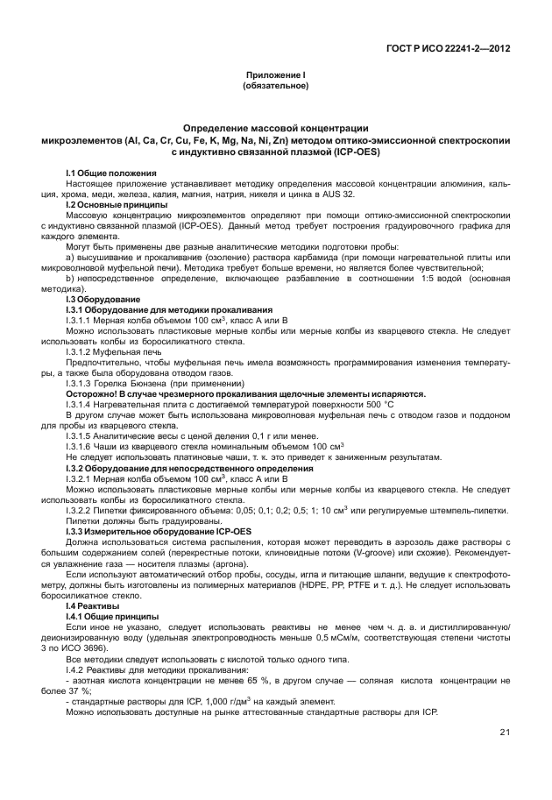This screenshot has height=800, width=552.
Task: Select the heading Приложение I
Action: (x=275, y=77)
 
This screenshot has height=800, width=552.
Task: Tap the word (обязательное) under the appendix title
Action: (x=275, y=87)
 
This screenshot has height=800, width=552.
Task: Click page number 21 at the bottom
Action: (x=506, y=732)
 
